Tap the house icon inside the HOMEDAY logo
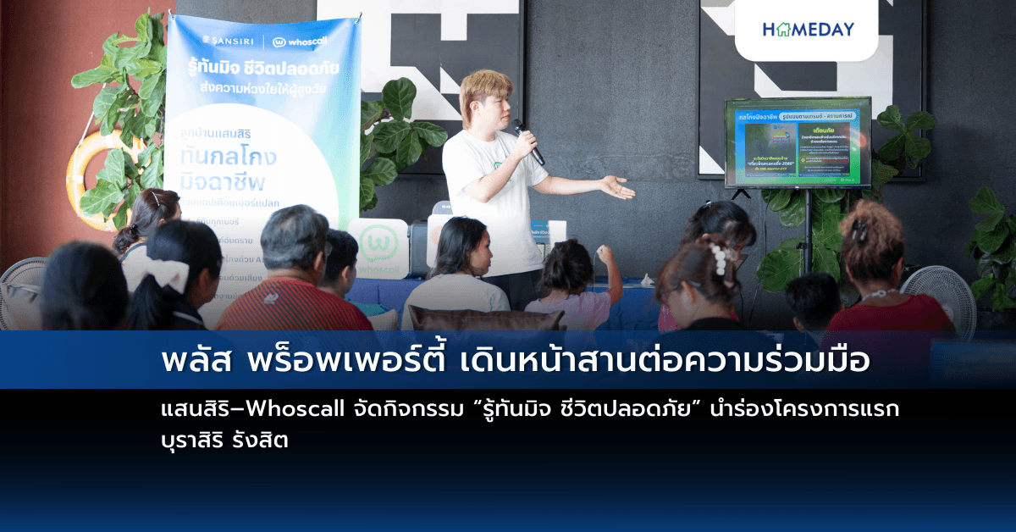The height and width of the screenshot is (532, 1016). tap(779, 29)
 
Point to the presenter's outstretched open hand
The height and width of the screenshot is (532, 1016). tap(616, 187)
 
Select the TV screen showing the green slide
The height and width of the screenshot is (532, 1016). tap(797, 141)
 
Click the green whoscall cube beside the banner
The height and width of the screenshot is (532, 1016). tap(378, 247)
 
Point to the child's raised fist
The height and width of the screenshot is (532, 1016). tap(604, 252)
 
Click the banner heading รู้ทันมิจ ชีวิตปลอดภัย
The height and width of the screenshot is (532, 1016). tap(263, 67)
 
